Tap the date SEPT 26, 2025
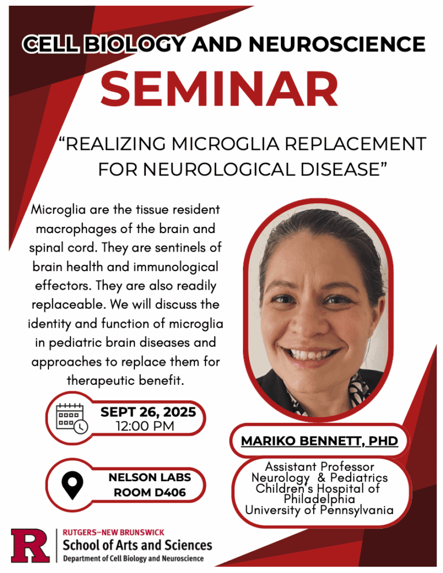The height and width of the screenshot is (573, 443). pos(148,413)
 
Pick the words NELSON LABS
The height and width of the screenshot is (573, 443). pos(149,478)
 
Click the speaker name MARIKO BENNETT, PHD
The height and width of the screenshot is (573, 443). pos(320,441)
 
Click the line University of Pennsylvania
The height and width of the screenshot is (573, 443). pos(320,510)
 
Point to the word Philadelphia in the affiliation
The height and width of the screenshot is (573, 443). pos(320,499)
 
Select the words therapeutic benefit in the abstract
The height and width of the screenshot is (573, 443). pos(125,381)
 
